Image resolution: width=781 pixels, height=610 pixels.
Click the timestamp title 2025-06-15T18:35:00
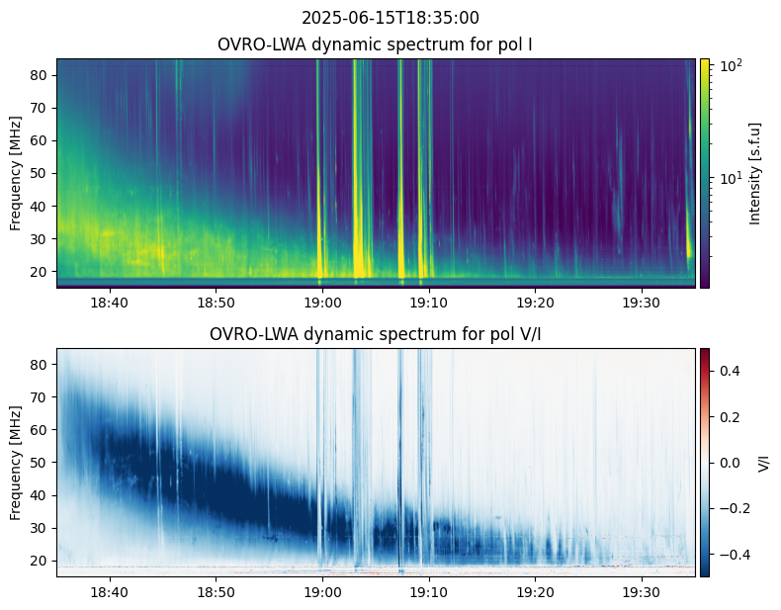tap(390, 18)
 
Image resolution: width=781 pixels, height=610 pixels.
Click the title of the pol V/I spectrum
tap(375, 334)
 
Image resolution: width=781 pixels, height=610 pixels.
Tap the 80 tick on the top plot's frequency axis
tap(43, 75)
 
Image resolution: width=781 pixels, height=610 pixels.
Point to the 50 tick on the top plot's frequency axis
tap(43, 173)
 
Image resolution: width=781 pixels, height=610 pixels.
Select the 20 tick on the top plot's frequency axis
tap(43, 271)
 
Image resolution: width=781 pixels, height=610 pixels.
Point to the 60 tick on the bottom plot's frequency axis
tap(43, 430)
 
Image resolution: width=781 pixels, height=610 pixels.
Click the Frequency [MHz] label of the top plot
tap(16, 173)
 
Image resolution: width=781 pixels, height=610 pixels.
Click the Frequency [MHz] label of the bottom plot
tap(16, 462)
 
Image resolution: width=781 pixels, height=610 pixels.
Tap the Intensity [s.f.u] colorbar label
tap(756, 173)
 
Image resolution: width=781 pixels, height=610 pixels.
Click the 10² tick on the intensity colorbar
tap(730, 66)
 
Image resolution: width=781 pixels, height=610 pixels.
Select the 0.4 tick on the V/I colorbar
tap(731, 370)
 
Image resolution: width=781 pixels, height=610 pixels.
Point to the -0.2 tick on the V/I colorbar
tap(733, 508)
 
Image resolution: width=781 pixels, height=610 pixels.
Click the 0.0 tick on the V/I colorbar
tap(731, 462)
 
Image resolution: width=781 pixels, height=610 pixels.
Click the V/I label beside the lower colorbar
tap(763, 462)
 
